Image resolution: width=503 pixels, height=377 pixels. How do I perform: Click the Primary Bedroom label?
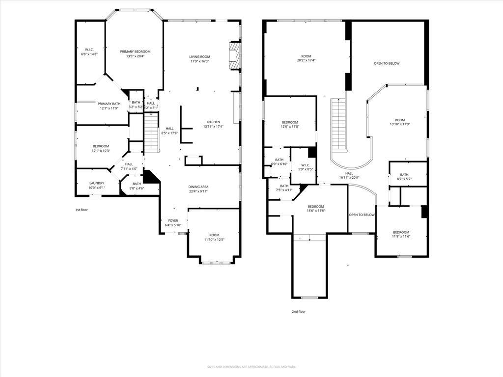click(x=135, y=52)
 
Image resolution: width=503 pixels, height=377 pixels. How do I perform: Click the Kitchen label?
click(x=213, y=122)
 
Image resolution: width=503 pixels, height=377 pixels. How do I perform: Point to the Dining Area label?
click(x=198, y=187)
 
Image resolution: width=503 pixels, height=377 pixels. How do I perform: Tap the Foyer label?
click(x=173, y=220)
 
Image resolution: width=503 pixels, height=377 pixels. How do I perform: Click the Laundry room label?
click(x=96, y=183)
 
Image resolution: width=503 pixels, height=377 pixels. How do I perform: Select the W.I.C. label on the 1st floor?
click(x=89, y=49)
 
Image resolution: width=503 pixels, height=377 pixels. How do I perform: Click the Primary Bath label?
click(x=109, y=104)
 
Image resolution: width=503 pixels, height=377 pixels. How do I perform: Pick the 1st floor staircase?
click(x=152, y=132)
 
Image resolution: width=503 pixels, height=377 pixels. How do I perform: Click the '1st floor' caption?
click(x=81, y=210)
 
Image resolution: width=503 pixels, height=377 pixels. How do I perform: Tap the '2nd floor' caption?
click(x=299, y=311)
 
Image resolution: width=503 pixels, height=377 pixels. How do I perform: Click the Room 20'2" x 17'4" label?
click(x=306, y=56)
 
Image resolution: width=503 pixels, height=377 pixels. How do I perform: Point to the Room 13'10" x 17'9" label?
click(x=400, y=120)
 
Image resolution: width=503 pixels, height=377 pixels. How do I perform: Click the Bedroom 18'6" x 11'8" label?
click(x=315, y=206)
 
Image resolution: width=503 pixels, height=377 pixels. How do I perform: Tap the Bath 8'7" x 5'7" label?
click(x=404, y=175)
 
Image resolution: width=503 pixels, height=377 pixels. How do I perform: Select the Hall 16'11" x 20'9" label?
click(x=349, y=173)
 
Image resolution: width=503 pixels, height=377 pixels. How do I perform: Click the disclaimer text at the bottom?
click(x=251, y=367)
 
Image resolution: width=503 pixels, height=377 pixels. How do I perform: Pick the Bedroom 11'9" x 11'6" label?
click(x=400, y=232)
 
